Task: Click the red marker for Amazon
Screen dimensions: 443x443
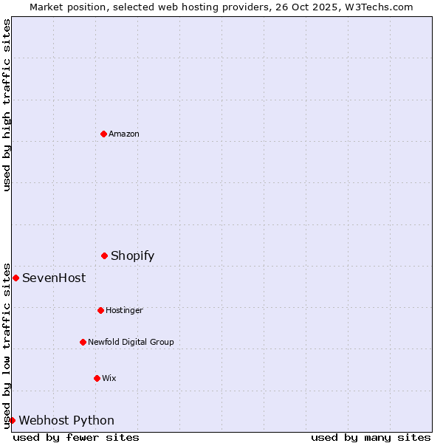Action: pos(103,134)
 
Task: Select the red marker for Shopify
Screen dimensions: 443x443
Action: pos(104,255)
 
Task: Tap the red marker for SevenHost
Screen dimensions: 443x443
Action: pos(16,278)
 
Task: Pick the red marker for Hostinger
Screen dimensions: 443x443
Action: pos(100,310)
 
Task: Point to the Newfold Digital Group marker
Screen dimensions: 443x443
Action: pos(83,342)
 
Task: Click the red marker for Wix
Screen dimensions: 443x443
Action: pos(97,378)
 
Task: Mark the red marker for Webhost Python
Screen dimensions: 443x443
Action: pos(12,420)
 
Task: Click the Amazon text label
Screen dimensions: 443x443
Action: pos(124,134)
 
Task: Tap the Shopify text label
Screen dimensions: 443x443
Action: pos(133,255)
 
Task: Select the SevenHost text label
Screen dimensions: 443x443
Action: pos(54,278)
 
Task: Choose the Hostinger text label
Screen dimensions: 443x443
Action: pos(124,310)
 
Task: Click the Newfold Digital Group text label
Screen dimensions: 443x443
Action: pos(131,342)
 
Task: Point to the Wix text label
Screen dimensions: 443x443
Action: pos(109,378)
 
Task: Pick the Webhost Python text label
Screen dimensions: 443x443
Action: pos(66,420)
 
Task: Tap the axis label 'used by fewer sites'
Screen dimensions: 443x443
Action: pos(76,437)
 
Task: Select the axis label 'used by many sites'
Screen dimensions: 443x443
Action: pos(371,437)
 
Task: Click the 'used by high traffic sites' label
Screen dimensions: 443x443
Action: pos(7,105)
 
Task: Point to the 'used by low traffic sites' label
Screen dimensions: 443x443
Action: pos(7,345)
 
